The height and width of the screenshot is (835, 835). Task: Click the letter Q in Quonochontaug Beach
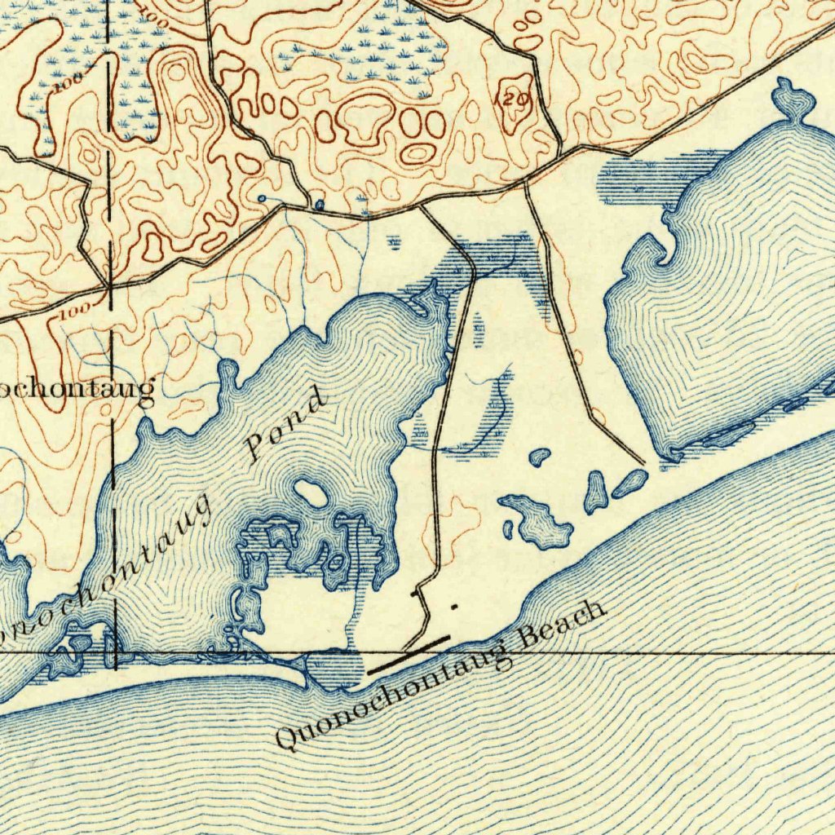tap(286, 737)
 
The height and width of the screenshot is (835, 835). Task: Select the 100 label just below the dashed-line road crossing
tap(75, 311)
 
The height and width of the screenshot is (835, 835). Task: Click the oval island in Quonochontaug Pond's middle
tap(311, 492)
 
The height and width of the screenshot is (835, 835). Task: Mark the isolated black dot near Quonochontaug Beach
tap(453, 606)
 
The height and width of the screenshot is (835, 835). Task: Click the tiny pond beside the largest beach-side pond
tap(508, 530)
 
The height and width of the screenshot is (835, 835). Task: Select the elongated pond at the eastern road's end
tap(630, 483)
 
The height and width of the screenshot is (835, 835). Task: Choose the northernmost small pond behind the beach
tap(539, 457)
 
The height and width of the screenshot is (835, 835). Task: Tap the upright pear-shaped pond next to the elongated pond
tap(596, 492)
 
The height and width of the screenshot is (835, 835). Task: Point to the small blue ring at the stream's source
tap(261, 198)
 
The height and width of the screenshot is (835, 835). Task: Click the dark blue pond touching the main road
tap(320, 204)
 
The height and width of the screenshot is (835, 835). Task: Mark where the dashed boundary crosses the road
tap(108, 288)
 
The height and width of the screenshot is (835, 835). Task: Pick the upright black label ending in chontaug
tap(77, 391)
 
